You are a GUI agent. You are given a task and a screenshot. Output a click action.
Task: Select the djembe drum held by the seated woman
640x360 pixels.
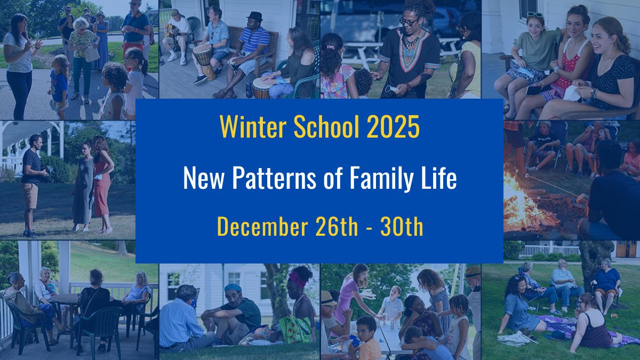[261, 86]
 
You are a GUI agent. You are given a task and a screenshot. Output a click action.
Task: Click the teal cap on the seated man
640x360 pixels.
[233, 288]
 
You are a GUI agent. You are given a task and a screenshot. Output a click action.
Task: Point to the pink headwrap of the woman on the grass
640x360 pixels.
[297, 279]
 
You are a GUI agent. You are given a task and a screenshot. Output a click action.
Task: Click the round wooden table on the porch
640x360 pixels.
[65, 299]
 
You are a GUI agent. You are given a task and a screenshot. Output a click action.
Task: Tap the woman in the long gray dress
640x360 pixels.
[84, 184]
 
